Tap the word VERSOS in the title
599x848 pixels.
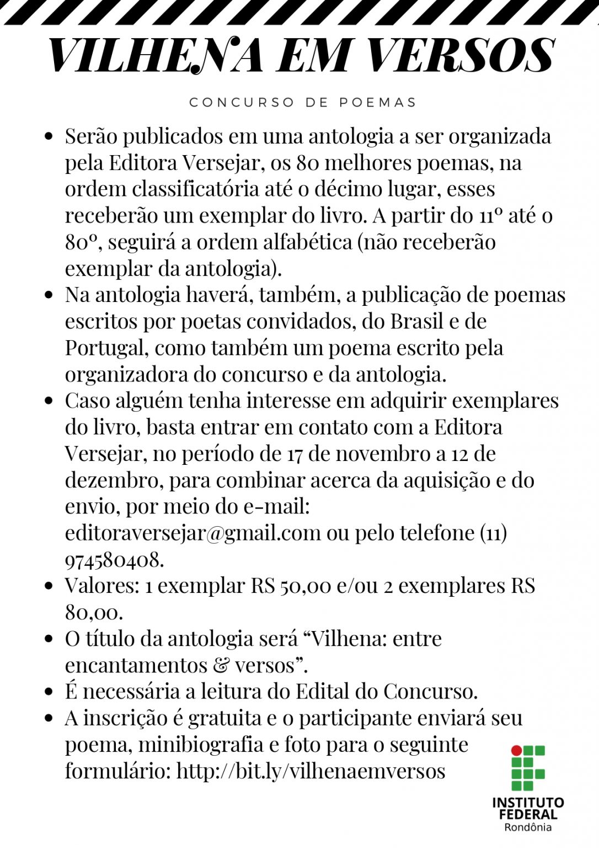[460, 56]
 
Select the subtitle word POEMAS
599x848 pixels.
[378, 103]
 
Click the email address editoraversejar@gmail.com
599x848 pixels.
[192, 533]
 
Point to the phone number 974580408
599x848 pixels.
[114, 560]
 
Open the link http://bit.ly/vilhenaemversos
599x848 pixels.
[311, 771]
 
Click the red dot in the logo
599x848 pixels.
[516, 750]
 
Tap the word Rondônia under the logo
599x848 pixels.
[528, 827]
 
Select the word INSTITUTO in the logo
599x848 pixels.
[528, 803]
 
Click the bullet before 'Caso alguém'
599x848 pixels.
[49, 401]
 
